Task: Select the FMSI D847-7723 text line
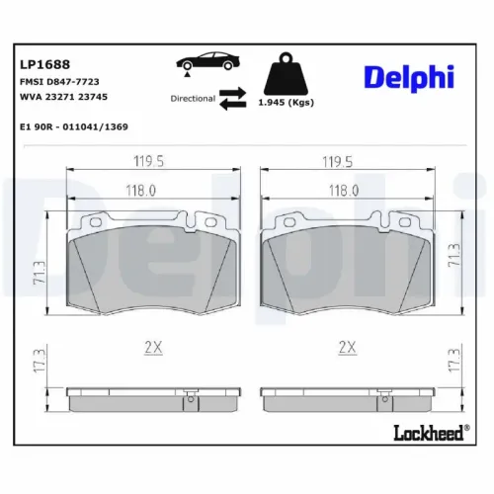tap(59, 81)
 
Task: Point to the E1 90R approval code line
tap(74, 127)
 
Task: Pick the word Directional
tap(193, 99)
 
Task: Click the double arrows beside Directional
tap(233, 99)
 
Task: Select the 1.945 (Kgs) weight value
tap(286, 103)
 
